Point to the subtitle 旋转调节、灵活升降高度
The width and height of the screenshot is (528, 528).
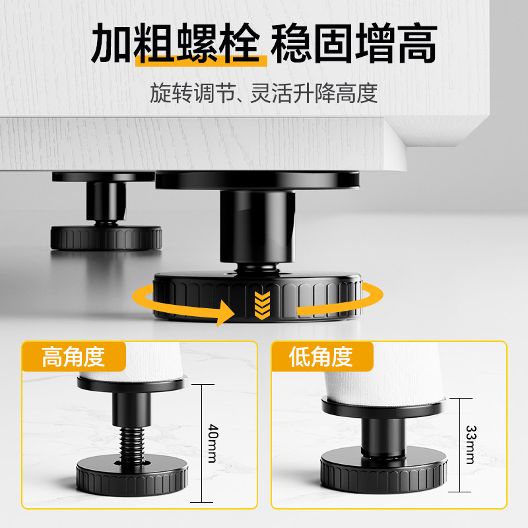[x=263, y=93]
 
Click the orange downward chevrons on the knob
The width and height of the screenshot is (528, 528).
[x=261, y=303]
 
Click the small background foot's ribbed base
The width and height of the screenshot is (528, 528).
[x=106, y=238]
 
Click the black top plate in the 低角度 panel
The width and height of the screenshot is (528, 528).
[x=383, y=407]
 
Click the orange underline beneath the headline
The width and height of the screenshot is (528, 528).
[x=201, y=61]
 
